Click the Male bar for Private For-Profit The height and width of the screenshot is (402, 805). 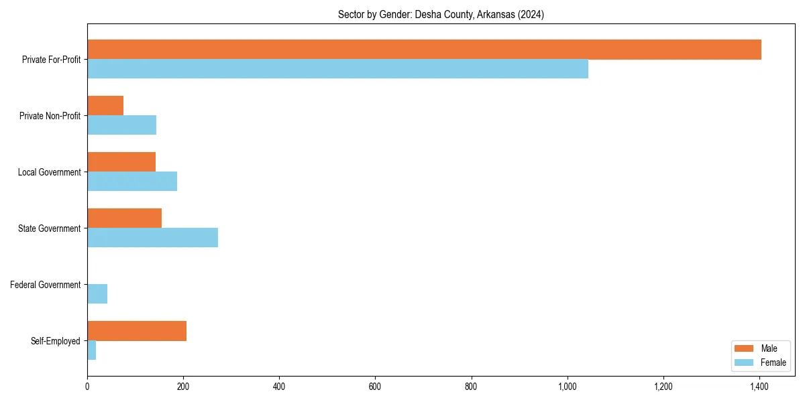pos(424,50)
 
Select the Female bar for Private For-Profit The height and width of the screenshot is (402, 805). pos(337,69)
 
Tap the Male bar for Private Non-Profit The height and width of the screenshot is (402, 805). pos(105,106)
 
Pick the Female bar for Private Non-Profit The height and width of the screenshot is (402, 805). pos(121,125)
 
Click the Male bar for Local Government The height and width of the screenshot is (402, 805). pos(121,162)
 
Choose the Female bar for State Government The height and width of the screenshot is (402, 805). pos(152,238)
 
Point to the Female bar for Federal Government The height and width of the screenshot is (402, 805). pos(97,294)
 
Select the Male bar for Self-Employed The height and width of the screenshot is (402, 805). pos(137,331)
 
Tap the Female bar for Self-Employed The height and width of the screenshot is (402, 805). pos(92,350)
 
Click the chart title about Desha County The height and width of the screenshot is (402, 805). pos(441,15)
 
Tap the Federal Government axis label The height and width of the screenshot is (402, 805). pos(45,285)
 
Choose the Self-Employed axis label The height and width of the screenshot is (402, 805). pos(55,341)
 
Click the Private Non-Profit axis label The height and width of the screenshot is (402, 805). pos(50,116)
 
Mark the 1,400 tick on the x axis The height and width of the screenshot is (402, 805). pos(759,387)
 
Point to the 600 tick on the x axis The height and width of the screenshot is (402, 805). pos(375,387)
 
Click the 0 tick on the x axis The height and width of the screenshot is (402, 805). pos(87,387)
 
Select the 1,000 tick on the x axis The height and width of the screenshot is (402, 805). pos(568,387)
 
